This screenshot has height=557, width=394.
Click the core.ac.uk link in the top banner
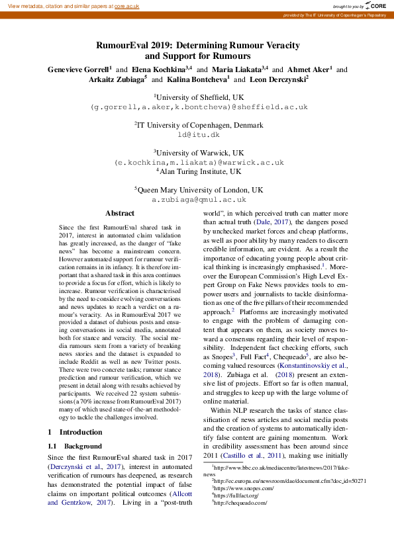[127, 6]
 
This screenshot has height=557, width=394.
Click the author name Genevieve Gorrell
[77, 69]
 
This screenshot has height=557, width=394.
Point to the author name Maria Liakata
[236, 69]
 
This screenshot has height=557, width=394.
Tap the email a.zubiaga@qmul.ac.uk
[199, 198]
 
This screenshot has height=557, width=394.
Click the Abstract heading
[120, 214]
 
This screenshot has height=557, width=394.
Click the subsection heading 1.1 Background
[75, 447]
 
